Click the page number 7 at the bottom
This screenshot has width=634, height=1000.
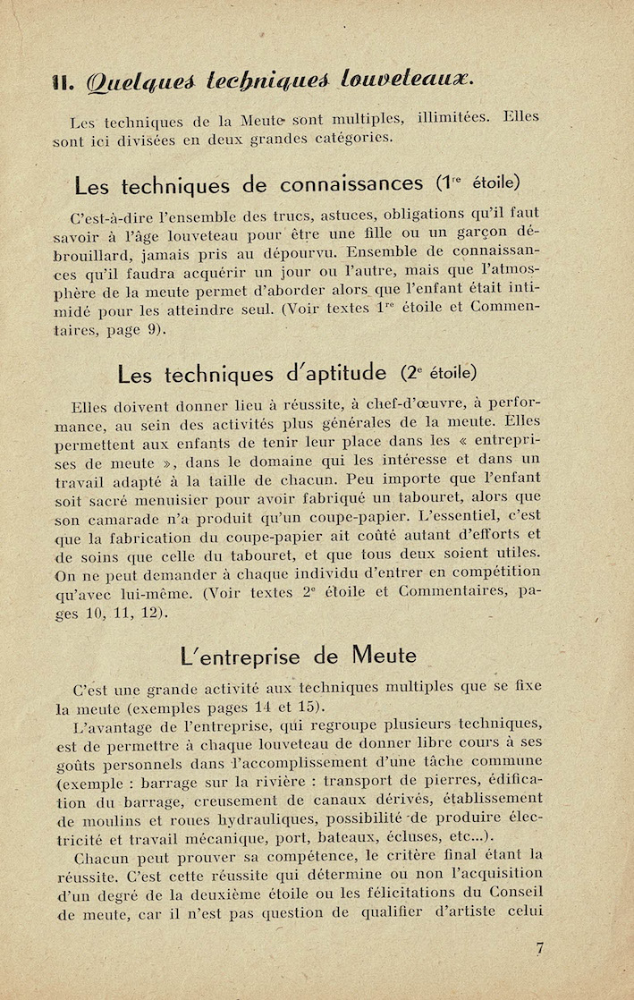tap(540, 950)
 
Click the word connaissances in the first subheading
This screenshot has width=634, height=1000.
tap(351, 185)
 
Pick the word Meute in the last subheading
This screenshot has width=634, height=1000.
tap(384, 656)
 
